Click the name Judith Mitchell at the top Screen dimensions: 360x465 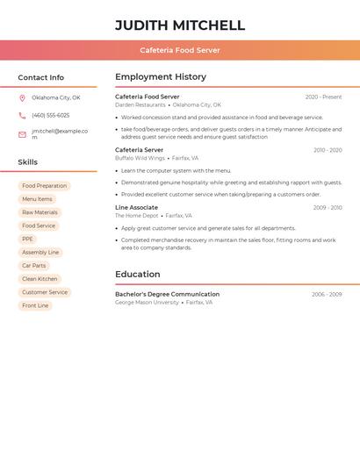tap(180, 25)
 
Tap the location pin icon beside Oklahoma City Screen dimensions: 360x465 tap(22, 98)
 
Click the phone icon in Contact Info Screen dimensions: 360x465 tap(22, 116)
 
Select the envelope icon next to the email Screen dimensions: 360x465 tap(22, 134)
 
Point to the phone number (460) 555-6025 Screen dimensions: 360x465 tap(50, 116)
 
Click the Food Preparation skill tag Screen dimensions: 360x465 tap(44, 186)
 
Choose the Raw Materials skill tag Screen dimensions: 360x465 tap(40, 212)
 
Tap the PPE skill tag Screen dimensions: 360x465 tap(27, 239)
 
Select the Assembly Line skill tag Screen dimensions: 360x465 tap(40, 253)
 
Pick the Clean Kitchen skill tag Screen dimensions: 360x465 tap(40, 279)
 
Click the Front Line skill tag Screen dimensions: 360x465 tap(35, 305)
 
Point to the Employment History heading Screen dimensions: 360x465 tap(161, 77)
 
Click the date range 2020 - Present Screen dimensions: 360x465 tap(323, 97)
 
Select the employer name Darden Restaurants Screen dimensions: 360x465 tap(140, 105)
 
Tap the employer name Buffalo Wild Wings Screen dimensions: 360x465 tap(140, 159)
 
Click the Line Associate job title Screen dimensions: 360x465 tap(136, 208)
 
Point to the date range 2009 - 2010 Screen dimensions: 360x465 tap(327, 208)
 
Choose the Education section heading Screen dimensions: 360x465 tap(137, 275)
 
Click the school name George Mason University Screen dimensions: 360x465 tap(147, 303)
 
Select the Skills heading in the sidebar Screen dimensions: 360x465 tap(27, 162)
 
